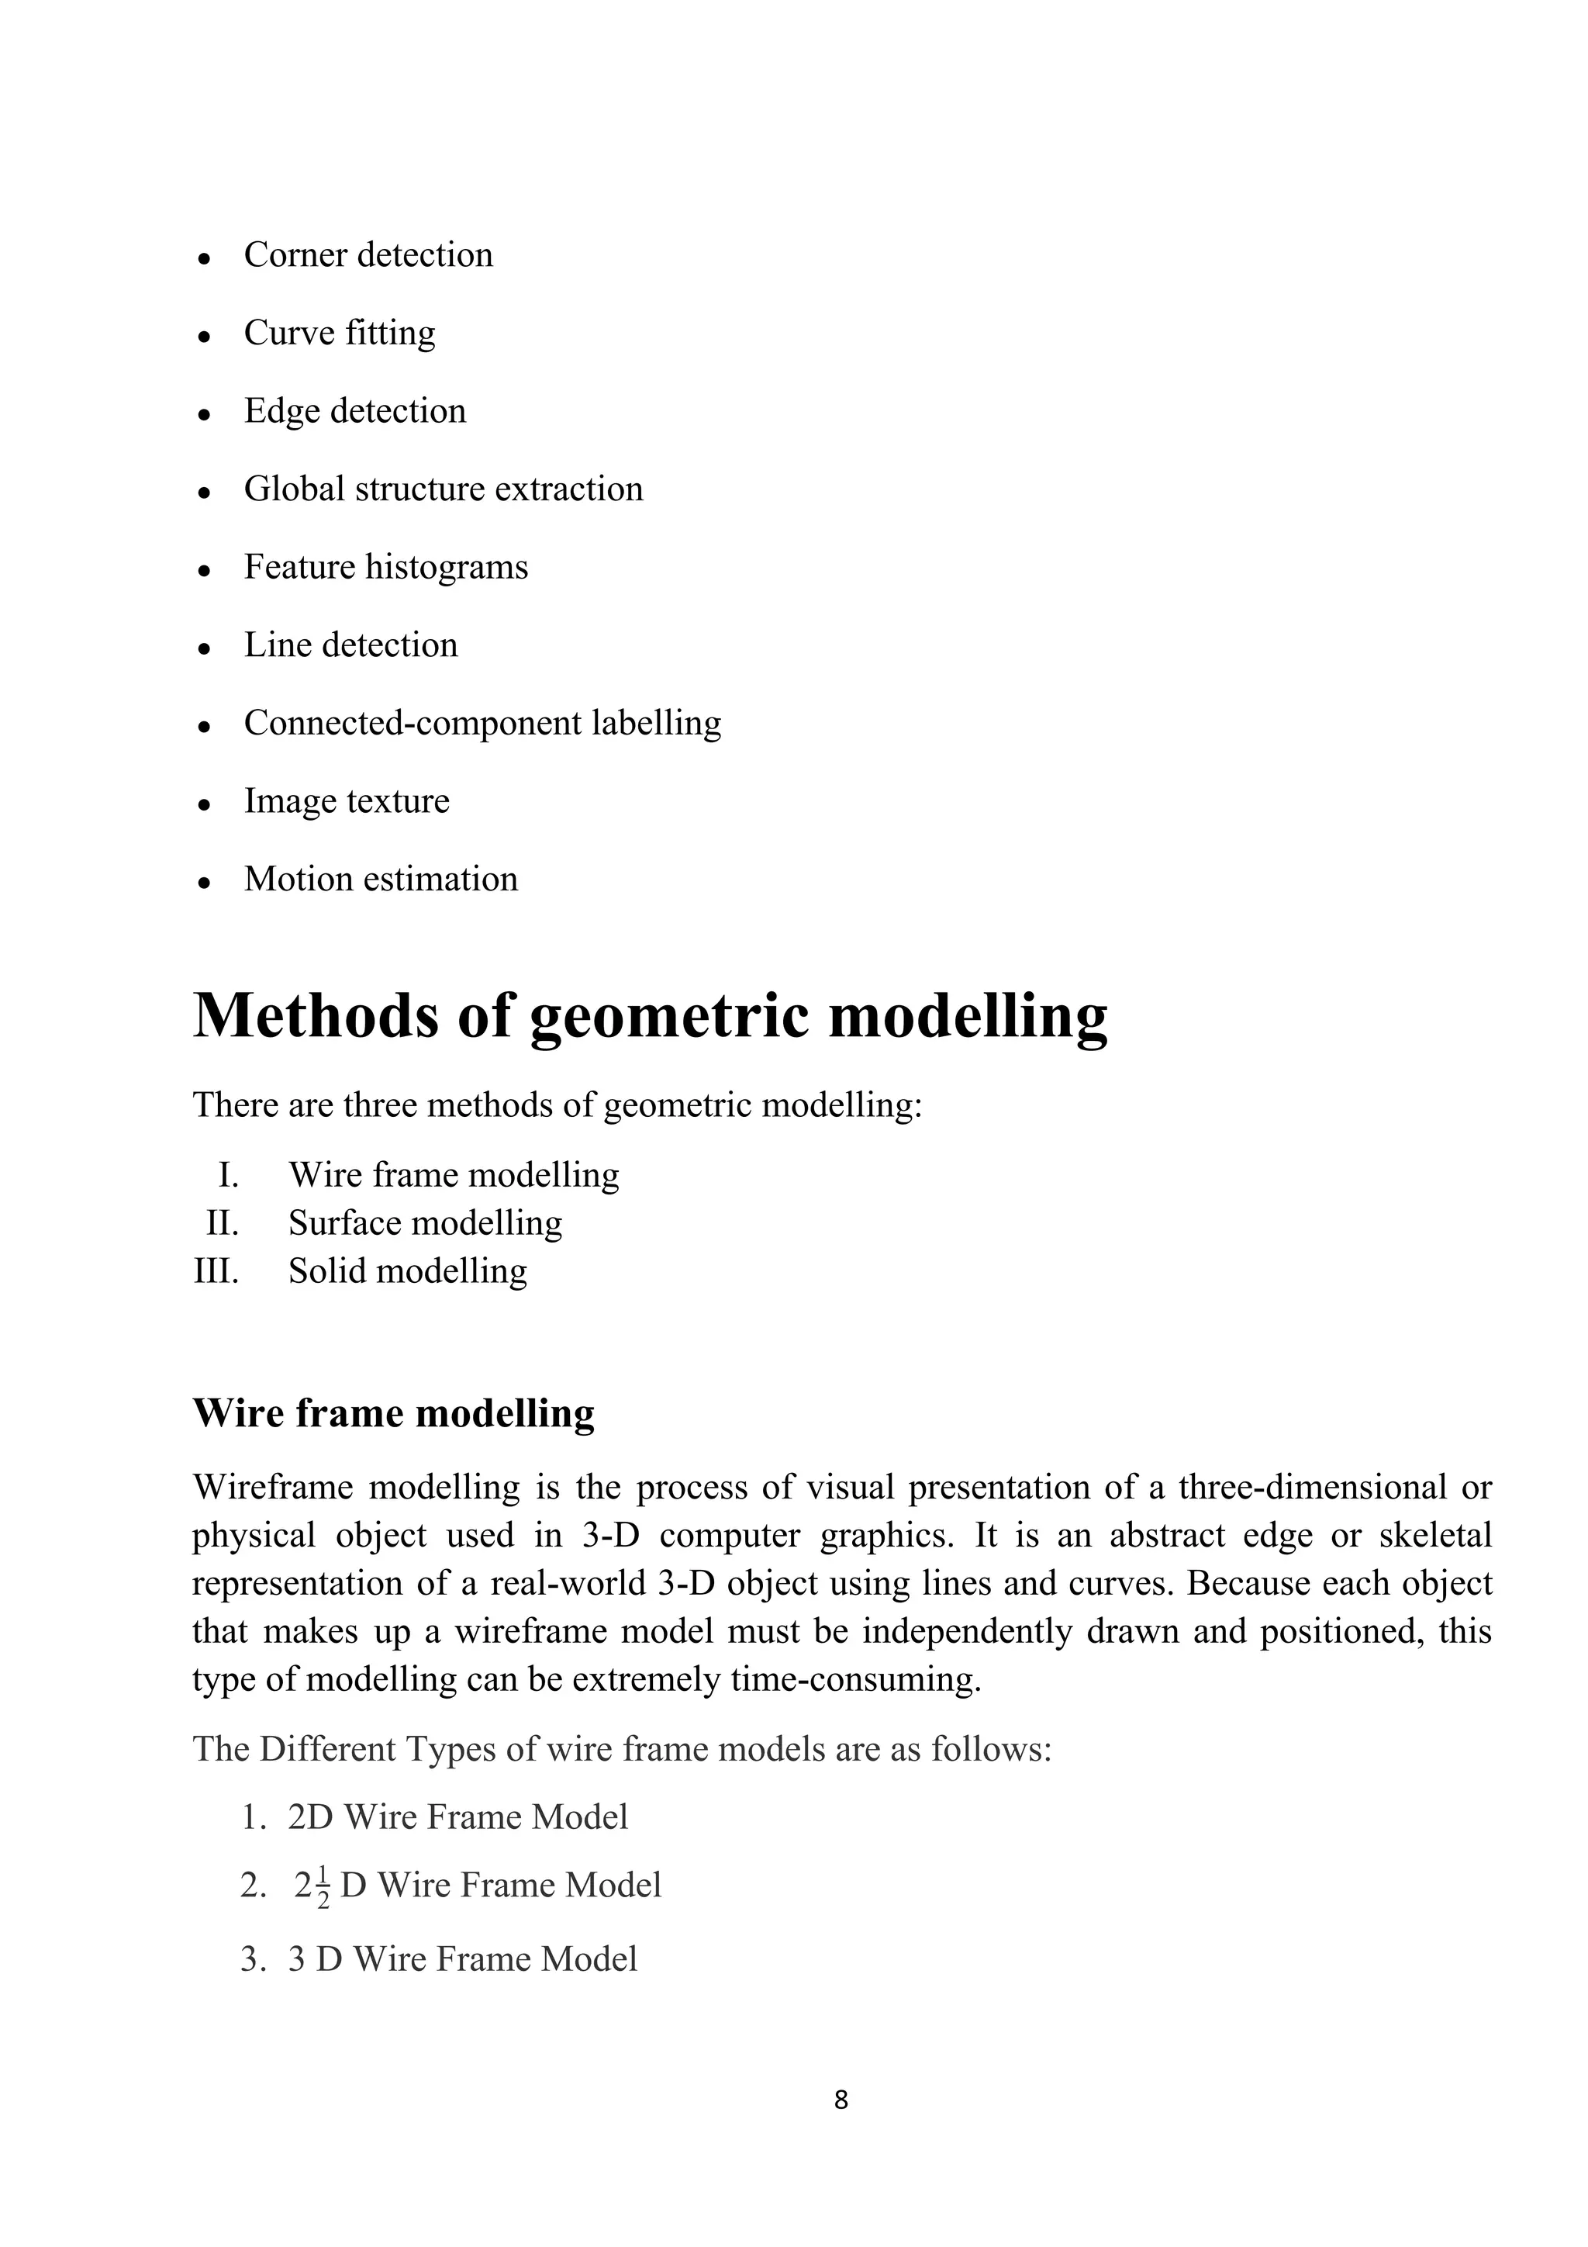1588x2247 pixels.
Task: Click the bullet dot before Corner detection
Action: [205, 259]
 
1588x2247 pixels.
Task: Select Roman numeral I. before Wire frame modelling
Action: [228, 1175]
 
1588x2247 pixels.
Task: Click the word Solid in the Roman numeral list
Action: [326, 1271]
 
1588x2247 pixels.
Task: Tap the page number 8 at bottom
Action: [841, 2099]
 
